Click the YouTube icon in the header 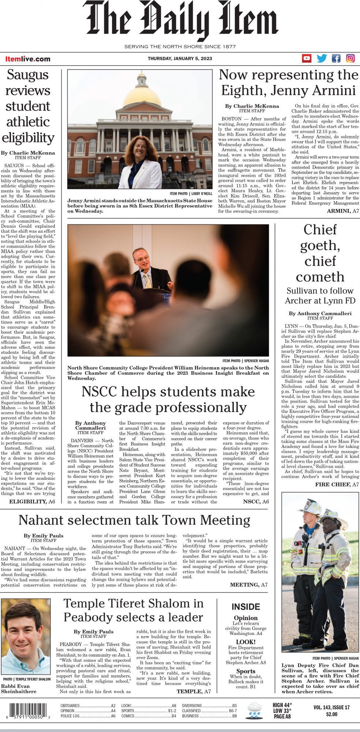click(307, 58)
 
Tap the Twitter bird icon click(322, 58)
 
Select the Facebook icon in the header click(336, 58)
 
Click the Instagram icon click(350, 58)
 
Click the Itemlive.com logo click(28, 59)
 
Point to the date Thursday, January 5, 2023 click(180, 59)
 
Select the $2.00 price click(331, 714)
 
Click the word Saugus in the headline click(28, 75)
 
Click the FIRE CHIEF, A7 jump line click(337, 485)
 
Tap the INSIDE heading click(246, 607)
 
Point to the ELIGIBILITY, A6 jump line click(32, 501)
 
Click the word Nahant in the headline click(40, 520)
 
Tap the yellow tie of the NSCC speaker click(148, 282)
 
